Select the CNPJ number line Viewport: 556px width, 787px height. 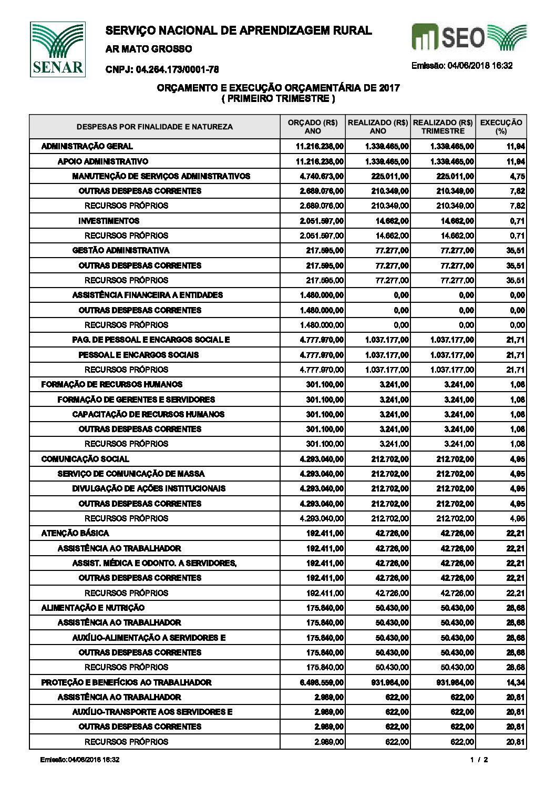[x=162, y=69]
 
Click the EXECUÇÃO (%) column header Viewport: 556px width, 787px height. [x=501, y=127]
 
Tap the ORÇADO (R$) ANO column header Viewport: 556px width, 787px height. [x=313, y=127]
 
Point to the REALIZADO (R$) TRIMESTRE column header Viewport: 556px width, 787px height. [x=443, y=127]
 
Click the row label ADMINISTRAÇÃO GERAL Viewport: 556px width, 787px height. [x=87, y=146]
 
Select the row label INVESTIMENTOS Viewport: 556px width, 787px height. [x=109, y=221]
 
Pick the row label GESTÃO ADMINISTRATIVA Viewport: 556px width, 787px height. [x=121, y=250]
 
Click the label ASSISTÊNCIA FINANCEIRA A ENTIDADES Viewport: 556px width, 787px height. [x=147, y=295]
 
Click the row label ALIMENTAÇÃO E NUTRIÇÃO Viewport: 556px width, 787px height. [x=92, y=608]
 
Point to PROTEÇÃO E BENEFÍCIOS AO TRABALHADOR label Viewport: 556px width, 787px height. [x=126, y=682]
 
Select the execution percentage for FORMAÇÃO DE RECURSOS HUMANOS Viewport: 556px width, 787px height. [x=517, y=384]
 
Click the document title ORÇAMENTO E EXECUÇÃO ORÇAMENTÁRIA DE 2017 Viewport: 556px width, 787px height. [x=279, y=88]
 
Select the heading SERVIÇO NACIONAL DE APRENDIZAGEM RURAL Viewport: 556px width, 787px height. [x=239, y=31]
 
